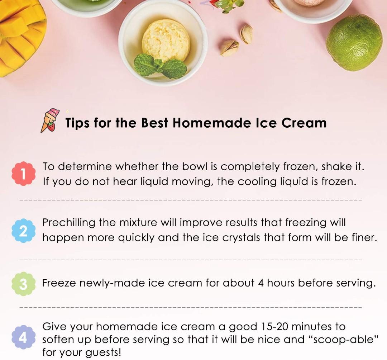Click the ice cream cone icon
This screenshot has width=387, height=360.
point(49,121)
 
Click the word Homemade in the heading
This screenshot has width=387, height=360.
point(212,123)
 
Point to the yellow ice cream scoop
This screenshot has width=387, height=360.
point(166,40)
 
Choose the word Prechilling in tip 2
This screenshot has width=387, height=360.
point(69,222)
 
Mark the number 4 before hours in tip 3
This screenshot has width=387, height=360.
point(261,283)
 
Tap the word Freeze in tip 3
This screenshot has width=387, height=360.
point(59,283)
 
